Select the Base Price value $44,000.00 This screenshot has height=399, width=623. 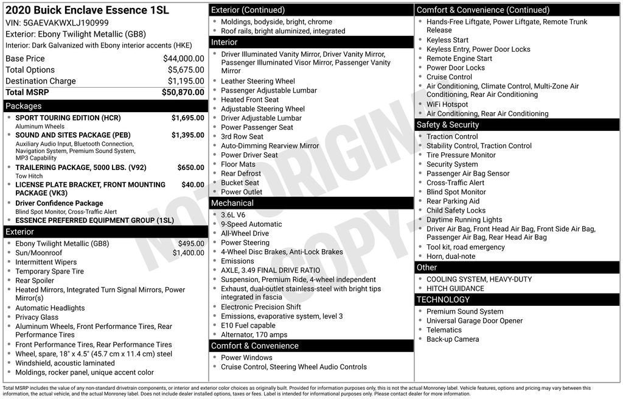point(183,58)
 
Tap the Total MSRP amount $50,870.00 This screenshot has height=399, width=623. point(183,92)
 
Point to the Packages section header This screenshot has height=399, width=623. point(24,106)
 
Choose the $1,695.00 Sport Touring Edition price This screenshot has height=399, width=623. point(187,118)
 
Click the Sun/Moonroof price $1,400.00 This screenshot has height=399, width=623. point(188,253)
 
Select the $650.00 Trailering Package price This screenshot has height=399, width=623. point(190,168)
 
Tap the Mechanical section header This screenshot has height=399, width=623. point(232,203)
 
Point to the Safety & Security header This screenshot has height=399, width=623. point(448,125)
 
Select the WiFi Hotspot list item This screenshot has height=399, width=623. point(447,104)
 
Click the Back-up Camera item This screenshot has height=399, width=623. point(452,339)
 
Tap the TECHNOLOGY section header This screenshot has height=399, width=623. point(443,300)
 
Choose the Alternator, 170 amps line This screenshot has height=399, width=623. point(254,334)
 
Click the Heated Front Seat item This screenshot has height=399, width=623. point(249,99)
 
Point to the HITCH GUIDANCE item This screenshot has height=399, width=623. point(455,289)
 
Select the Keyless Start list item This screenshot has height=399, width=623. point(447,40)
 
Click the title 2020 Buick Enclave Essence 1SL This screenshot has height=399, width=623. point(87,10)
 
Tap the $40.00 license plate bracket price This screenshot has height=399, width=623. point(193,185)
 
